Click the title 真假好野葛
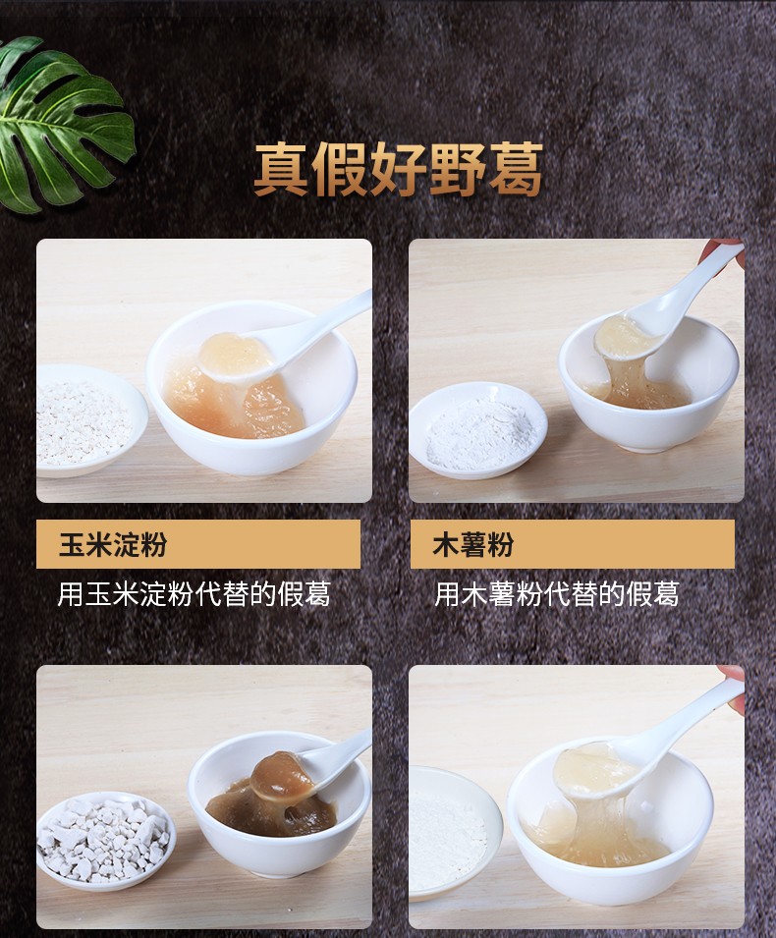pos(398,170)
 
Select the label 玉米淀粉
pos(113,545)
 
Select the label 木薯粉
pos(473,545)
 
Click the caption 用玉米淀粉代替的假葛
pos(194,593)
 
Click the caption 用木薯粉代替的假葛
pos(556,593)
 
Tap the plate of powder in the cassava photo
pos(478,429)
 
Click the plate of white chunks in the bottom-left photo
pos(103,840)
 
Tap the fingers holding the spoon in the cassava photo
pos(730,248)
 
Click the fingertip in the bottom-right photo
pos(732,675)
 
